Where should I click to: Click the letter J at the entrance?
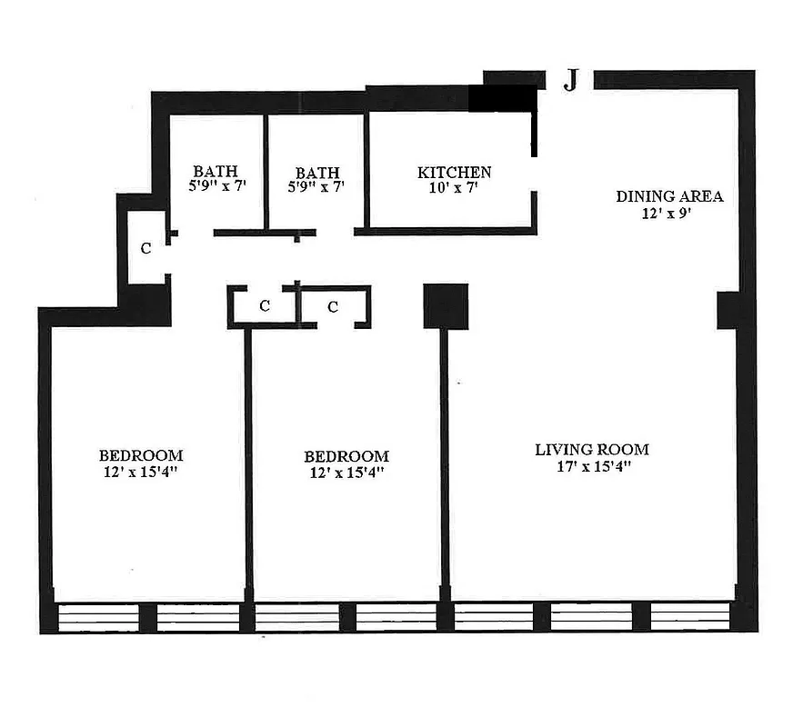pos(570,81)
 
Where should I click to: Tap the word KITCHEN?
pos(454,173)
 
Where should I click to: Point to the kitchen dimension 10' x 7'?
pos(454,188)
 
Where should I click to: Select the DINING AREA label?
pos(669,196)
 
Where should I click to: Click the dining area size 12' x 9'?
pos(669,215)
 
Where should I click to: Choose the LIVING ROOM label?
pos(591,449)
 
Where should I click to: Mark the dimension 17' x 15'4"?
pos(591,467)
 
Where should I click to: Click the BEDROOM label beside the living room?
pos(346,456)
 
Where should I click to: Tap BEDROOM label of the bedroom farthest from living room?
pos(141,455)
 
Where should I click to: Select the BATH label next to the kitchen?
pos(317,173)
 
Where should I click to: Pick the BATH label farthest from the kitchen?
pos(216,171)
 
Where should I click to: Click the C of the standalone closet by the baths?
pos(146,247)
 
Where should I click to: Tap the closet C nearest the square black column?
pos(333,307)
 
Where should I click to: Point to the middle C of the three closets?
pos(265,306)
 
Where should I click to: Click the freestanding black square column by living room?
pos(446,306)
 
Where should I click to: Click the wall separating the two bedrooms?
pos(247,463)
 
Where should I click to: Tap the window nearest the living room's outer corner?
pos(689,616)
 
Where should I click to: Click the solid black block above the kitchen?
pos(503,98)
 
